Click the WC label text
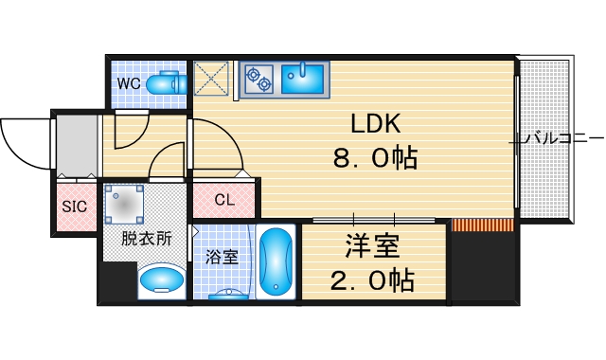click(x=130, y=83)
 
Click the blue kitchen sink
click(x=304, y=80)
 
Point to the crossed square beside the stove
click(x=212, y=79)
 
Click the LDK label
click(x=377, y=124)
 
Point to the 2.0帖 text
click(x=372, y=280)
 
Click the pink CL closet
click(x=224, y=200)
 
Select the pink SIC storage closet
click(x=74, y=206)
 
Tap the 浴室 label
click(x=222, y=256)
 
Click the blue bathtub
click(x=276, y=261)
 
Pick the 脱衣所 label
click(x=147, y=239)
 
